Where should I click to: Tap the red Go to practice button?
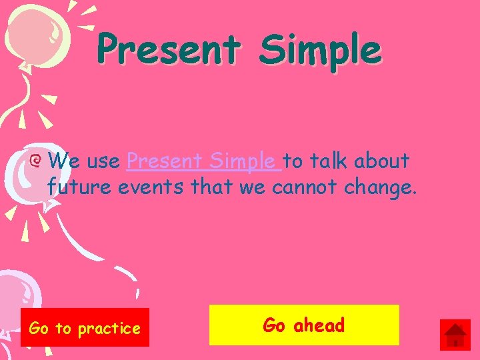[85, 327]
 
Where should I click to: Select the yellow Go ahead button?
[304, 325]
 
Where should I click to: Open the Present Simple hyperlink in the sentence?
[200, 161]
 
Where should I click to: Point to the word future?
[80, 187]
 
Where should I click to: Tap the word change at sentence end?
[380, 189]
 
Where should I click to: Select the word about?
[382, 161]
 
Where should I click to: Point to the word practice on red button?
[109, 329]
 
